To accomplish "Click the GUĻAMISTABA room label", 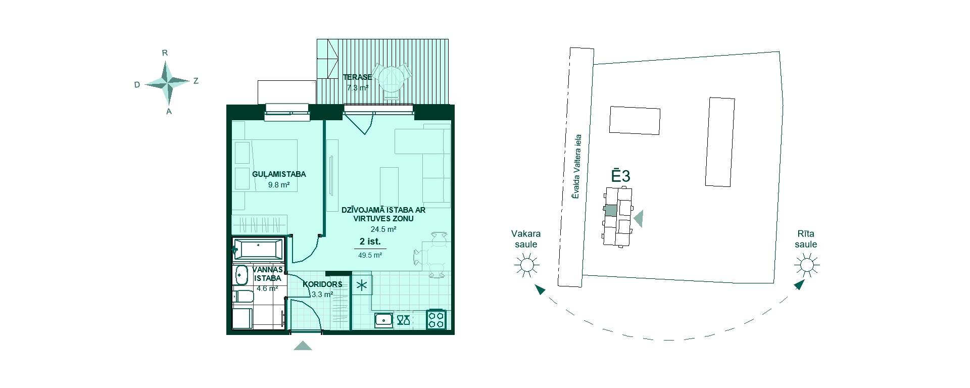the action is point(279,174).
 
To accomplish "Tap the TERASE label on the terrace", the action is point(357,77).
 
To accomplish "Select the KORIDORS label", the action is point(322,284).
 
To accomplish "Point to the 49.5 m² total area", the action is point(370,255).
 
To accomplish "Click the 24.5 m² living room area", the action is point(383,228).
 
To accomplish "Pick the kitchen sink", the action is point(384,320).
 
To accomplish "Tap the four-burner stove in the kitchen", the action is point(436,319).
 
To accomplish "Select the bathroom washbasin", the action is point(241,275).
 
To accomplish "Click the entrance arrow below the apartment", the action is point(303,346).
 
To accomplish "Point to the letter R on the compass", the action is point(165,53).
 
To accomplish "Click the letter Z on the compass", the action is point(196,81).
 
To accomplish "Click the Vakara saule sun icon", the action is point(526,264).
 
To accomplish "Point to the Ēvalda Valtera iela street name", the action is point(577,166).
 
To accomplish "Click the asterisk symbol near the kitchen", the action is point(362,285).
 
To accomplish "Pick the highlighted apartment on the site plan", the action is point(611,211).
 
